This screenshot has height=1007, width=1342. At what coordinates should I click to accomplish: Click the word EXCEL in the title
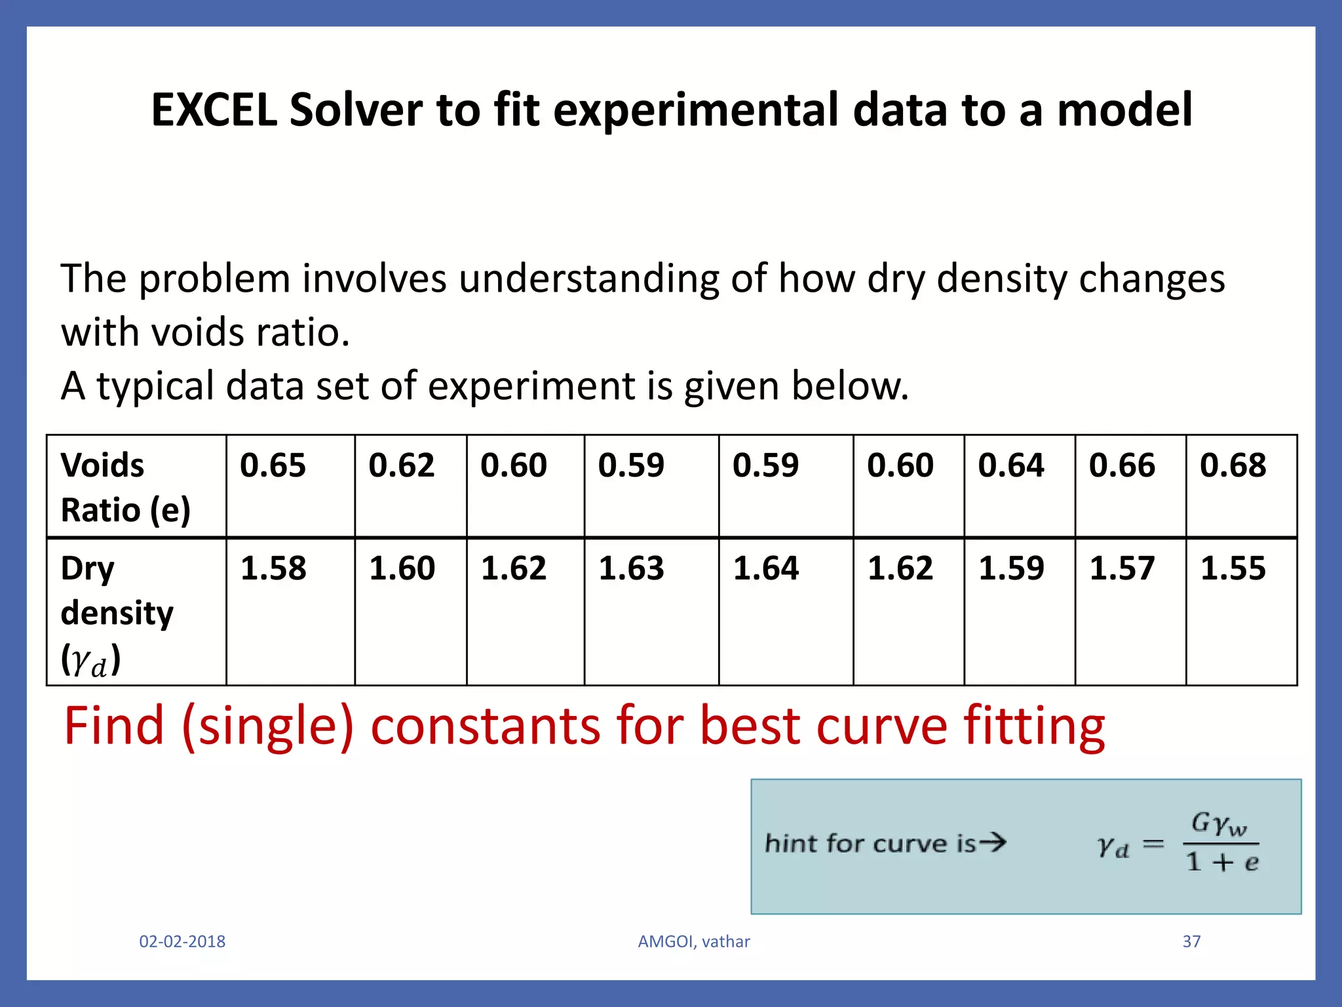point(214,109)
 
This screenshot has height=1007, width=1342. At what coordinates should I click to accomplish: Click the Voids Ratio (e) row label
point(125,487)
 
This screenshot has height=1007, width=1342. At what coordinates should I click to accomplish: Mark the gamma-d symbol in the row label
point(89,660)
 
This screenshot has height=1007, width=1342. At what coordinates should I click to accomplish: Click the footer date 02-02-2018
point(182,941)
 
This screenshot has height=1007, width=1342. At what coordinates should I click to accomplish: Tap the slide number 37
point(1191,941)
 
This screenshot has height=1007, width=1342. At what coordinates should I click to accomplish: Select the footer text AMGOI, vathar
point(694,941)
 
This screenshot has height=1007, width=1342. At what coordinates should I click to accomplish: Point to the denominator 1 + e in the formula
point(1222,862)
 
